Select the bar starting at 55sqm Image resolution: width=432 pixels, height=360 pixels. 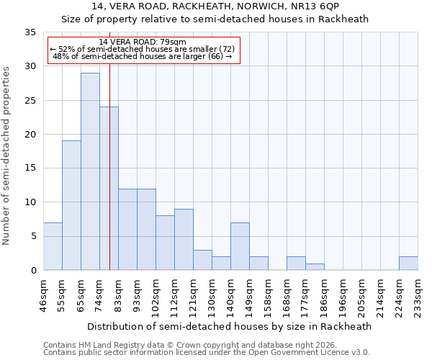[x=71, y=205]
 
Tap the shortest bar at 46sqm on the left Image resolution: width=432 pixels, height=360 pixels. [x=53, y=246]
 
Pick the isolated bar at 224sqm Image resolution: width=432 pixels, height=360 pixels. [x=408, y=264]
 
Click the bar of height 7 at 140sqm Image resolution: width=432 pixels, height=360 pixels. [x=240, y=246]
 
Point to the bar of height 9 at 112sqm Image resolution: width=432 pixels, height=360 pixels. [x=184, y=239]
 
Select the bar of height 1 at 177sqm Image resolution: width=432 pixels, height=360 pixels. [x=315, y=267]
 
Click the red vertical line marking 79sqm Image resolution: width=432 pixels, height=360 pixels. [x=109, y=180]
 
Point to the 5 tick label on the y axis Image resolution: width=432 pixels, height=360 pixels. [x=33, y=236]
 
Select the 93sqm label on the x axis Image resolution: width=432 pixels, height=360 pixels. [x=138, y=295]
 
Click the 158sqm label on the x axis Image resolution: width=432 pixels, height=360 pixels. [x=269, y=295]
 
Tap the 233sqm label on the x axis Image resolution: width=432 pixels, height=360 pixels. [x=418, y=295]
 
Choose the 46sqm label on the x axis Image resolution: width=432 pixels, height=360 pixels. [x=44, y=295]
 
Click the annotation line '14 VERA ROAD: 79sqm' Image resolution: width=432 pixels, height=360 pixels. [x=143, y=42]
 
